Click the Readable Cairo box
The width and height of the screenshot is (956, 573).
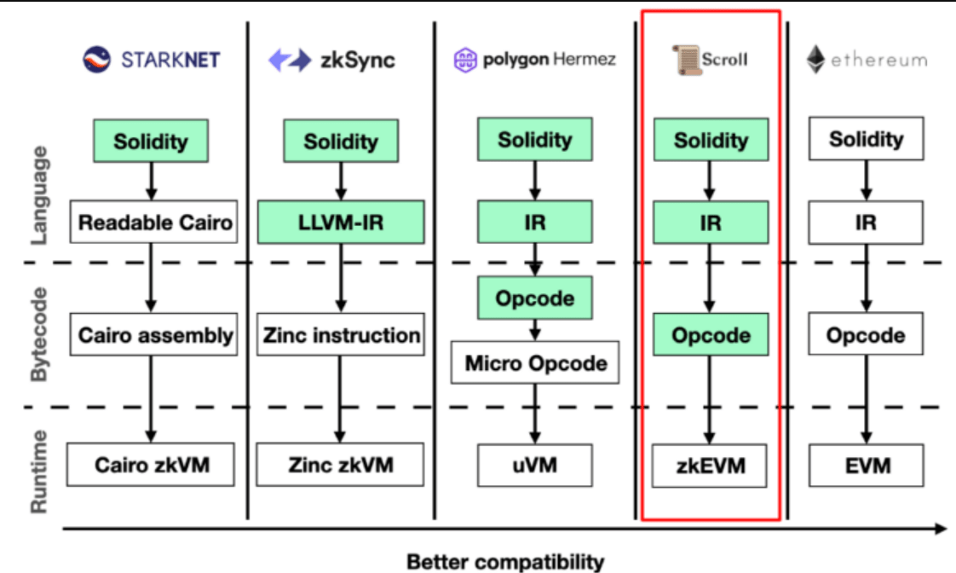click(x=155, y=223)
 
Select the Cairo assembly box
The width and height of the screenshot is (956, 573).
click(x=155, y=335)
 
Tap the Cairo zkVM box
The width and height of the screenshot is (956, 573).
click(x=152, y=466)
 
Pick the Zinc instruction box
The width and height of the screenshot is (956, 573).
click(x=340, y=335)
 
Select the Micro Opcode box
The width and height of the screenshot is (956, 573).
click(x=535, y=364)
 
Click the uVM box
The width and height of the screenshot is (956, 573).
click(x=534, y=466)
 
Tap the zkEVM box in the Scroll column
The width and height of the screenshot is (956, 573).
click(x=710, y=466)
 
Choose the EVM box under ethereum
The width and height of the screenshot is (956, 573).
click(x=866, y=466)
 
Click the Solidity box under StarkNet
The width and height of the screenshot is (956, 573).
click(x=151, y=140)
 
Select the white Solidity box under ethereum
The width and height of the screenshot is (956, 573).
click(x=866, y=139)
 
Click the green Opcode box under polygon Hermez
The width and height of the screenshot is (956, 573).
click(x=534, y=299)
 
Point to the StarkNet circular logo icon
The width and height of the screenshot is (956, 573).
click(x=98, y=60)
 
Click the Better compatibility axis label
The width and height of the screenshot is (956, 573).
click(x=505, y=562)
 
